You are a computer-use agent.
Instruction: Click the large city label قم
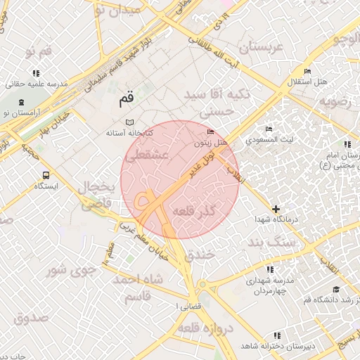coord(125,100)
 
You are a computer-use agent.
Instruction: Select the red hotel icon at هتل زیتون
coord(211,132)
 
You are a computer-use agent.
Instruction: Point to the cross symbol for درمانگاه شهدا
coord(276,209)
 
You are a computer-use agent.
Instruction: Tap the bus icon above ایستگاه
coord(46,175)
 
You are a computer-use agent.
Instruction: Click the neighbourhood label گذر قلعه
coord(211,212)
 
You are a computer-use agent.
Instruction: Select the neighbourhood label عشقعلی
coord(147,156)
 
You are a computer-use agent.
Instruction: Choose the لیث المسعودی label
coord(269,140)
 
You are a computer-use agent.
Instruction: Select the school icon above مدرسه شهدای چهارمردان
coord(270,269)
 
